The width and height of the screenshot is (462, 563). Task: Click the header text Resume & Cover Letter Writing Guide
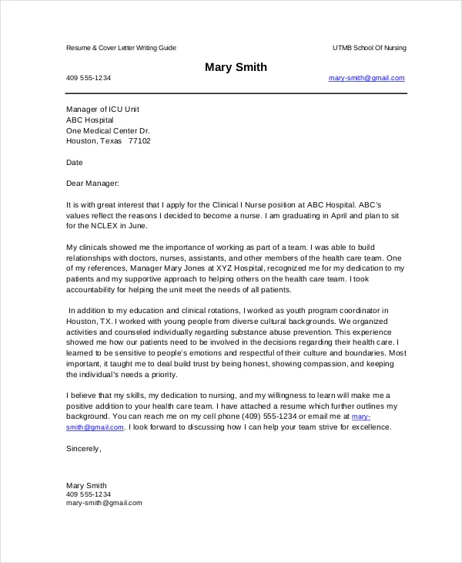point(121,48)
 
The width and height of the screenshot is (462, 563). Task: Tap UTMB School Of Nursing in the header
point(369,48)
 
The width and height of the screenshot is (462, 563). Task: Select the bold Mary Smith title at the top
point(236,67)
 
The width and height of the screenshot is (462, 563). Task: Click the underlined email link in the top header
point(366,78)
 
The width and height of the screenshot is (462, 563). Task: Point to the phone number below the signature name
point(89,494)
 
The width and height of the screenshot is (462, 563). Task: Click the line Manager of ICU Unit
point(102,110)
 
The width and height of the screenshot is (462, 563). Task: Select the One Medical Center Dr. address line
point(108,130)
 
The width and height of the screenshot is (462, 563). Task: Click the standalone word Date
point(74,163)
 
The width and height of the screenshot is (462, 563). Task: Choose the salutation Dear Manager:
point(93,184)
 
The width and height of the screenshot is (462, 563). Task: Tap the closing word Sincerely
point(83,448)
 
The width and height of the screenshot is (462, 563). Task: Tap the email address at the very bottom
point(104,502)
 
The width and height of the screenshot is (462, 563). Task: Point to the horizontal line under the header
point(236,94)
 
